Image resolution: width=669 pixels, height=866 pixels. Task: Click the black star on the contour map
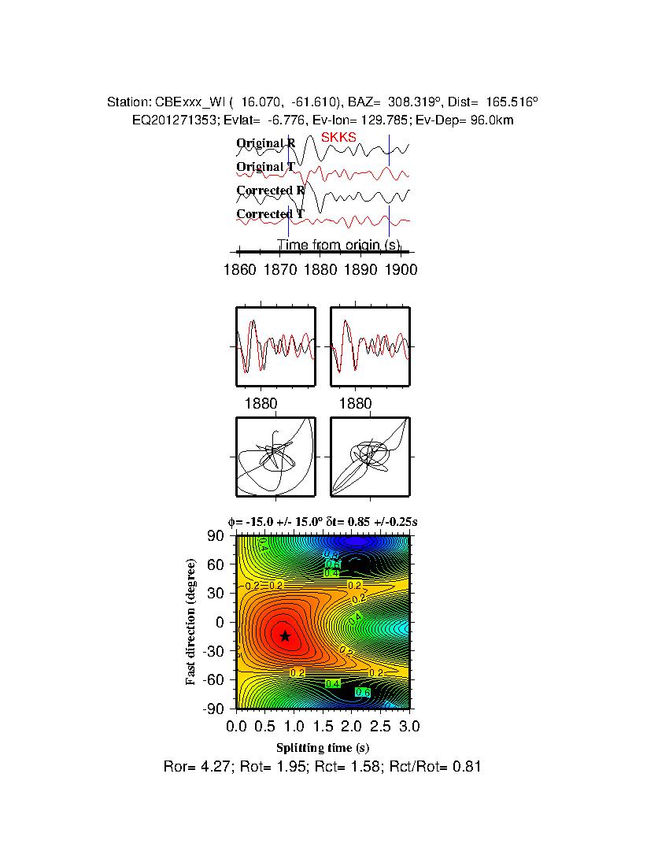click(285, 636)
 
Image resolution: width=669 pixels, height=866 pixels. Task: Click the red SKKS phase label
click(338, 137)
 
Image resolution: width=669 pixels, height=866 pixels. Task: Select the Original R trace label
click(266, 143)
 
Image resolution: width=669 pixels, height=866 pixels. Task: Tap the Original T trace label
click(266, 167)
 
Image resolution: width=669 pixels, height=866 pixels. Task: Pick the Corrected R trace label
click(270, 191)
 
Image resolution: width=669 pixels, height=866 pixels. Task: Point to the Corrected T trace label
click(270, 214)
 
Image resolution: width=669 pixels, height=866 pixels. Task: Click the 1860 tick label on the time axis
click(239, 270)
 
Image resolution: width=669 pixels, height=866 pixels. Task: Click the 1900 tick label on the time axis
click(401, 270)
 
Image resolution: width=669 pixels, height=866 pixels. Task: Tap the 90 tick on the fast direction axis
click(216, 536)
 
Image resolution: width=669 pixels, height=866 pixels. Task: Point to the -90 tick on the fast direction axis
click(213, 709)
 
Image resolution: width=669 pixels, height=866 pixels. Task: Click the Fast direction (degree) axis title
click(191, 622)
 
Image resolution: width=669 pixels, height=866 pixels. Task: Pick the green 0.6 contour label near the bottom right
click(363, 692)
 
